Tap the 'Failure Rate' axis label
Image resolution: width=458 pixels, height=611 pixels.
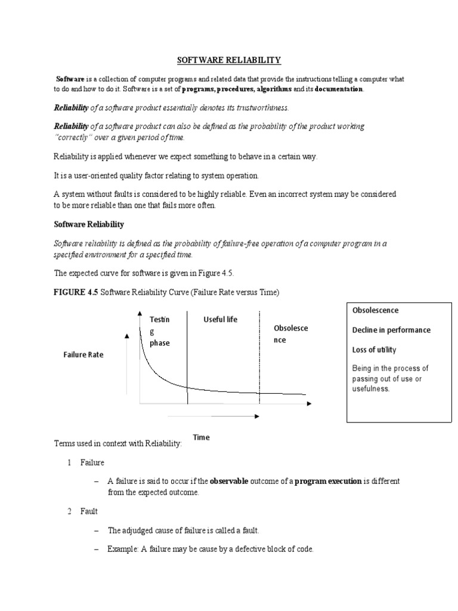pyautogui.click(x=83, y=354)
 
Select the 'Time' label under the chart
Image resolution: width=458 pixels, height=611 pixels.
pyautogui.click(x=202, y=437)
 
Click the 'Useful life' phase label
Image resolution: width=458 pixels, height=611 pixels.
pyautogui.click(x=220, y=320)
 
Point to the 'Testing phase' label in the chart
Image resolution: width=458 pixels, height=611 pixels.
pyautogui.click(x=160, y=331)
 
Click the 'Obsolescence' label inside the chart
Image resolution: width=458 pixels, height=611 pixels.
pyautogui.click(x=290, y=334)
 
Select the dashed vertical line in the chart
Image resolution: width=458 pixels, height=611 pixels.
pyautogui.click(x=259, y=358)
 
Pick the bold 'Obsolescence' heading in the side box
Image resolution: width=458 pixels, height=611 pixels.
pyautogui.click(x=375, y=310)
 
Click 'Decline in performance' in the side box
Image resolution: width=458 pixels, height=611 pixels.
pyautogui.click(x=391, y=330)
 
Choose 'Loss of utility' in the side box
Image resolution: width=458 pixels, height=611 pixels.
pyautogui.click(x=374, y=350)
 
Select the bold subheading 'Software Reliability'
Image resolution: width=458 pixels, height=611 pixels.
pyautogui.click(x=89, y=224)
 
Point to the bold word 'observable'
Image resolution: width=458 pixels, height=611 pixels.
pyautogui.click(x=229, y=481)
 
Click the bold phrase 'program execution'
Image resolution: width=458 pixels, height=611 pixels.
pyautogui.click(x=328, y=481)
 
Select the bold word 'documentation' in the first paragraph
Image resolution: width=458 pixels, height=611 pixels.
pyautogui.click(x=338, y=89)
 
